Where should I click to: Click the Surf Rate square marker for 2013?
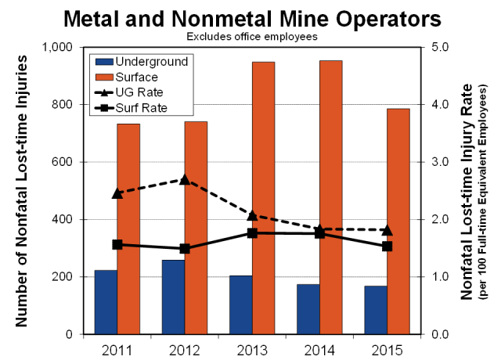[275, 232]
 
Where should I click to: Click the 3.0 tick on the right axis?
[440, 162]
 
